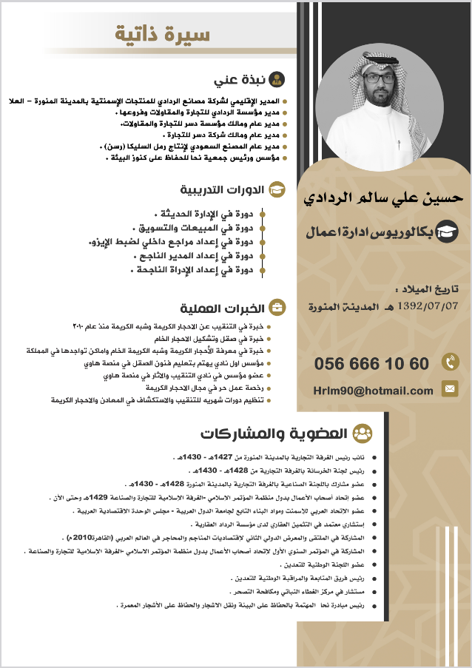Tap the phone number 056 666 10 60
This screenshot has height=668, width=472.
(371, 364)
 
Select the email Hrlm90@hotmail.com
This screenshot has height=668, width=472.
(372, 390)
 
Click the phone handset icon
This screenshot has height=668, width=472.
(449, 362)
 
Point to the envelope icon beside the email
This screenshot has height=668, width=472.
(449, 388)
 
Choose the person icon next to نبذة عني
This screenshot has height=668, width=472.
(277, 79)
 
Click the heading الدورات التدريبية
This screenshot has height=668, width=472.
(223, 189)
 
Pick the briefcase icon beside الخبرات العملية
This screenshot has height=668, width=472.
(277, 307)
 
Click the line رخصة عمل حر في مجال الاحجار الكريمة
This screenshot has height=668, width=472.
(204, 388)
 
